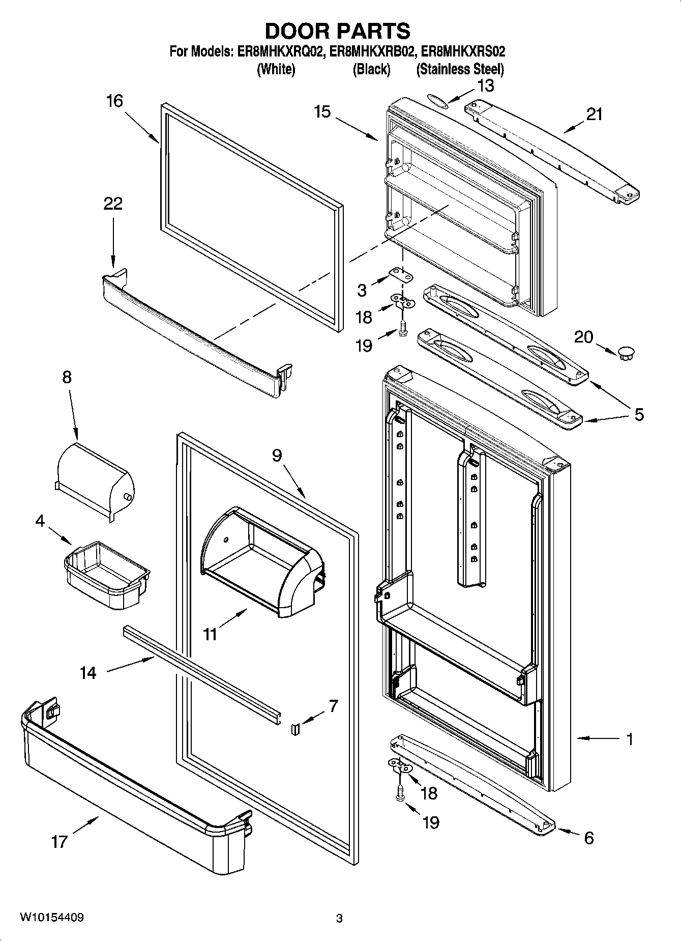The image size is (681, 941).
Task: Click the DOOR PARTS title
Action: coord(338,31)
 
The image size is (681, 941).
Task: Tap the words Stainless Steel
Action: coord(460,69)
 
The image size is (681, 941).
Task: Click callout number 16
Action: coord(114,101)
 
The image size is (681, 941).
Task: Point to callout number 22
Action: coord(113,204)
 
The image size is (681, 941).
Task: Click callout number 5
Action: coord(638,414)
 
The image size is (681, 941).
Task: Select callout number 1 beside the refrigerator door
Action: coord(630,739)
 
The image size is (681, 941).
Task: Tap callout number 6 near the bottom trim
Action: coord(588,838)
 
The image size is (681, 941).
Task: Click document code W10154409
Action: coord(52,917)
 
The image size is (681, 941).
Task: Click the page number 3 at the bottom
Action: coord(339,919)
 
